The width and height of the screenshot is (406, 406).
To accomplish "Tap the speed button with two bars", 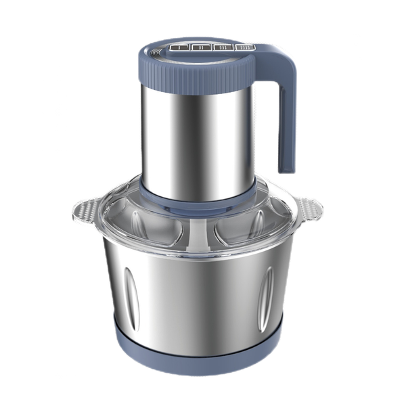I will (200, 48).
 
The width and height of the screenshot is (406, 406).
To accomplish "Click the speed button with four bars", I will (244, 48).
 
